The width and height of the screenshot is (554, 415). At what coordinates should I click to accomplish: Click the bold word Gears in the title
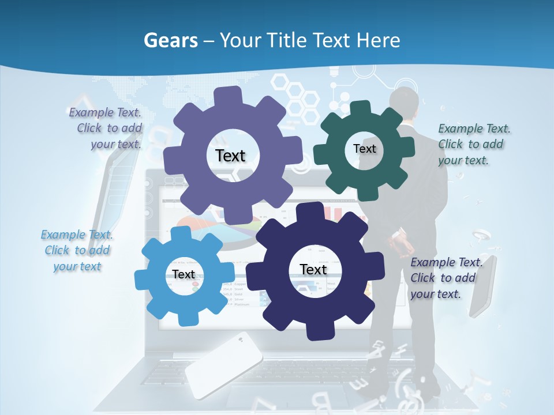[170, 40]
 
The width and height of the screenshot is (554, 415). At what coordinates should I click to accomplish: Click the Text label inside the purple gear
[230, 156]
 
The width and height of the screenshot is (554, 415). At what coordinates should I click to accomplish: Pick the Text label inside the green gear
[364, 149]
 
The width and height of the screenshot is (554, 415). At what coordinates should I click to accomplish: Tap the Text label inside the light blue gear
[184, 275]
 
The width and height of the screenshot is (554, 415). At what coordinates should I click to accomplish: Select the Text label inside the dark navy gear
[313, 270]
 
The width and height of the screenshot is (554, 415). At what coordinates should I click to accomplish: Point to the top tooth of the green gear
[361, 108]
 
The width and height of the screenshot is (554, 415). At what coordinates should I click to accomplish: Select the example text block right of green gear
[473, 145]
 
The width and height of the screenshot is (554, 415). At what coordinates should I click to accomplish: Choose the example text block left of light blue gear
[77, 250]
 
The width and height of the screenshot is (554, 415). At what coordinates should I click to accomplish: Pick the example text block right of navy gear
[444, 278]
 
